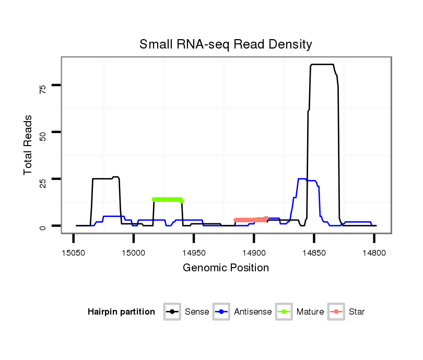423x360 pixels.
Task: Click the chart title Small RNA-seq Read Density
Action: tap(226, 44)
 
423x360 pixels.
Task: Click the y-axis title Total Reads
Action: tap(28, 145)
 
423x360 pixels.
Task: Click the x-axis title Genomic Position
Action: tap(226, 268)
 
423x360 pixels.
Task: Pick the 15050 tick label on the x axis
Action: tap(73, 252)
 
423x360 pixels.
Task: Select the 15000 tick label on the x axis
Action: tap(134, 252)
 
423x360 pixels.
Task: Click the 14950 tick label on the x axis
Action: tap(194, 252)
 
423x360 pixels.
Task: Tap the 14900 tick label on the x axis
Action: tap(254, 252)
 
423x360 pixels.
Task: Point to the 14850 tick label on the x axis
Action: tap(314, 252)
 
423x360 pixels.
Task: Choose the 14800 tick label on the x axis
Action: tap(374, 252)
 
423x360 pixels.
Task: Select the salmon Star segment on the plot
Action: tap(251, 220)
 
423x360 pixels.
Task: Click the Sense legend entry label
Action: tap(197, 312)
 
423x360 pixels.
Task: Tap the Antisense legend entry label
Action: tap(253, 312)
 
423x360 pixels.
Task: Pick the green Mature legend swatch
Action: tap(284, 312)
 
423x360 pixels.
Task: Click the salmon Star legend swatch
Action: tap(336, 312)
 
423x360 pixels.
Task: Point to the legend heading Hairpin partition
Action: tap(121, 312)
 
